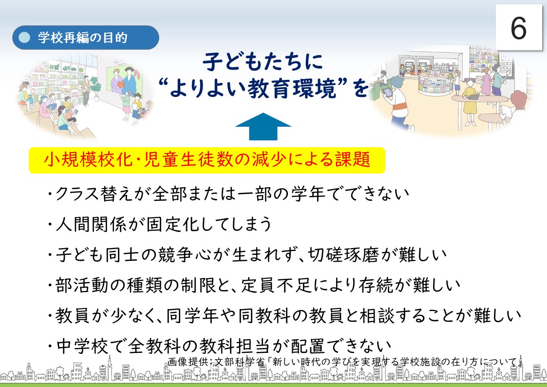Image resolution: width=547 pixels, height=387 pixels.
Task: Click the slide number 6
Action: (x=518, y=28)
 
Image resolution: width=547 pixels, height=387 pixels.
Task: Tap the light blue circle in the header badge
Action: (x=24, y=38)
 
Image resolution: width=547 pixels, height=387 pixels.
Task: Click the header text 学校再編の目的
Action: (x=83, y=38)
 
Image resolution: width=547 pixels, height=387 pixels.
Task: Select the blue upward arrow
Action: (x=263, y=126)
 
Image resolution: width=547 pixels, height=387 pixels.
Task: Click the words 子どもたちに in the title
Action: (x=263, y=62)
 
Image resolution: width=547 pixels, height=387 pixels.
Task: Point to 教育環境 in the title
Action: (x=292, y=88)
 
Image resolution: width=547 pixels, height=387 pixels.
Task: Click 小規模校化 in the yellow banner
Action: (x=88, y=159)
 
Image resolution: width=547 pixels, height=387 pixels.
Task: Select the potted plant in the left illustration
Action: (x=95, y=87)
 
